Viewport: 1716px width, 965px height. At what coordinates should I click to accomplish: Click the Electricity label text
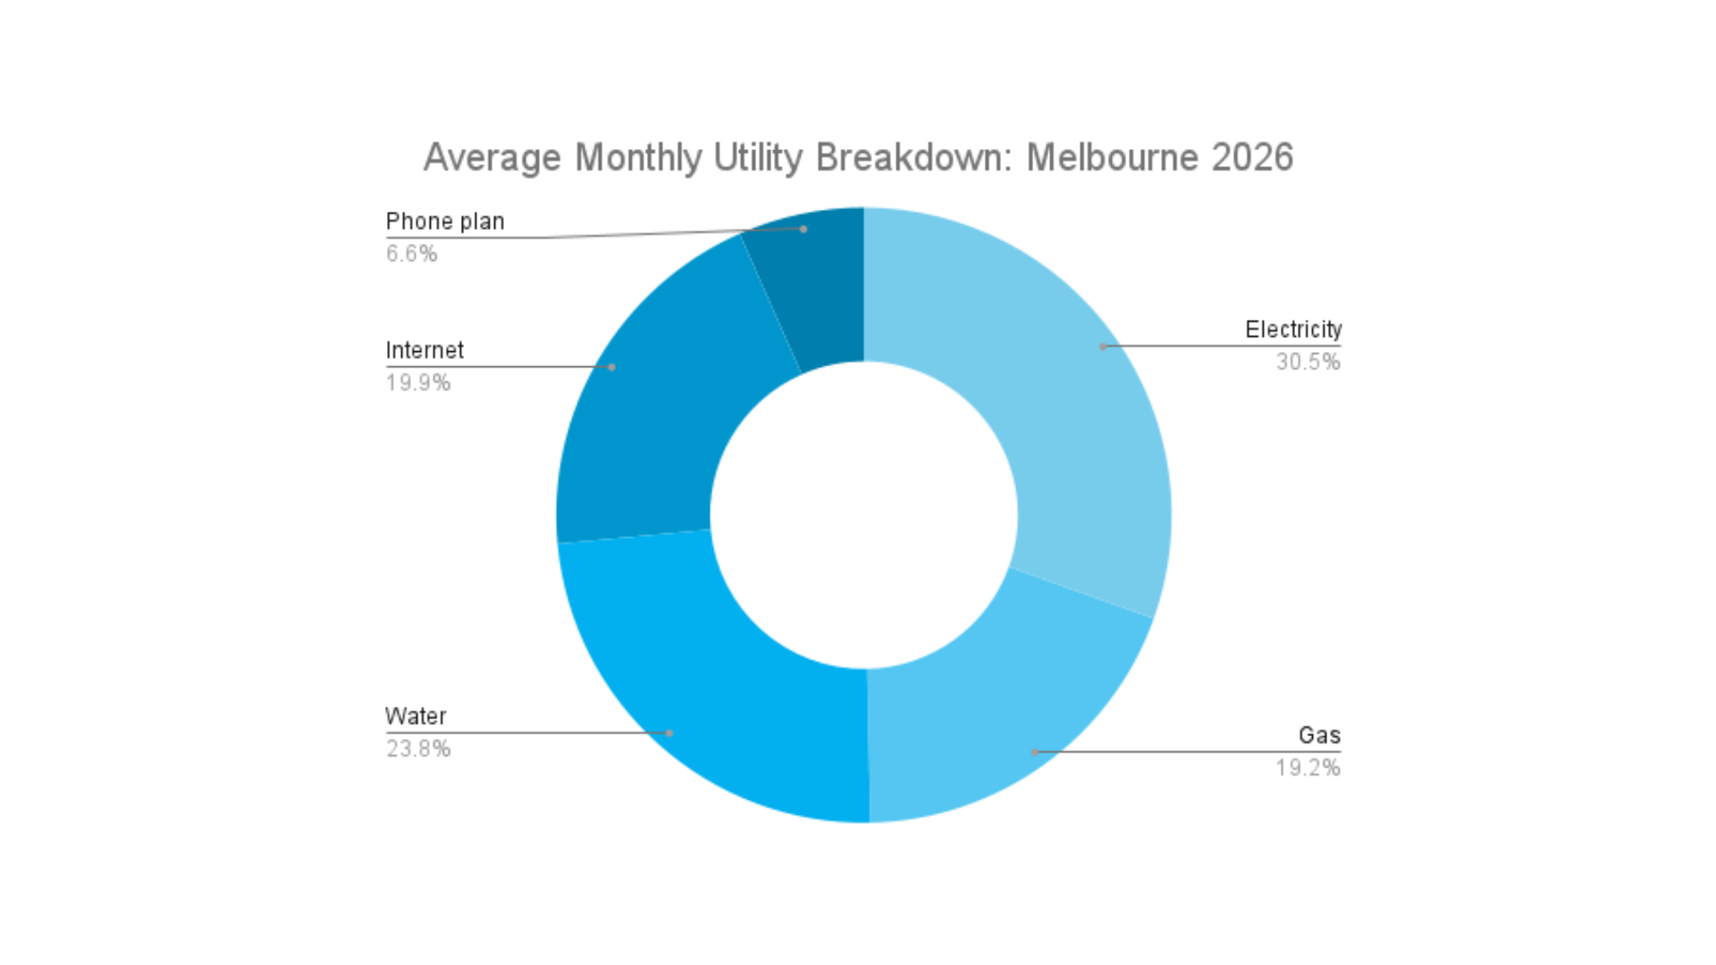point(1292,330)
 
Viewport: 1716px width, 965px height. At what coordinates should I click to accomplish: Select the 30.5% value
point(1308,362)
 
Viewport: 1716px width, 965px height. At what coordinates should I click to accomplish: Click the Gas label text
point(1318,735)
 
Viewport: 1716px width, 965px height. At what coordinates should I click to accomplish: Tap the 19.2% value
point(1308,768)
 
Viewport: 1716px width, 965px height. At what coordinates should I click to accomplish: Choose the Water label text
point(416,717)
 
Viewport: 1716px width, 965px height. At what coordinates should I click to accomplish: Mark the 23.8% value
point(418,749)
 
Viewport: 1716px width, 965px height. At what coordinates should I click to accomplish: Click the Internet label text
point(425,350)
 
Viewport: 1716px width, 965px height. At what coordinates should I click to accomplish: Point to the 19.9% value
point(418,383)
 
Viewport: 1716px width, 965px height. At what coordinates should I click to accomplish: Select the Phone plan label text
point(445,222)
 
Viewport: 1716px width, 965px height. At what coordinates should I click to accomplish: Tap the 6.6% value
point(411,254)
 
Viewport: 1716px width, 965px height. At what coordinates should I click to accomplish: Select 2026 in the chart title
point(1251,158)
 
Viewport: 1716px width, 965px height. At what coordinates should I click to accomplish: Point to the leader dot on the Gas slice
point(1035,752)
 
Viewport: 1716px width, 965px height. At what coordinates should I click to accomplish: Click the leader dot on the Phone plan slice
point(803,230)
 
